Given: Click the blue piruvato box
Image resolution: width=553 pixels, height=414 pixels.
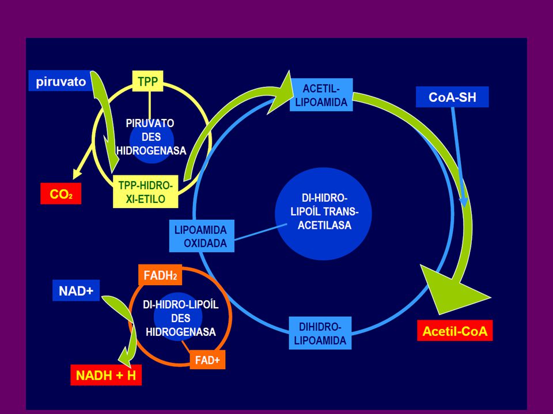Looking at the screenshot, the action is click(60, 81).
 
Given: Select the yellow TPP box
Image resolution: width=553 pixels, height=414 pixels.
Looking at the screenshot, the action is click(148, 81).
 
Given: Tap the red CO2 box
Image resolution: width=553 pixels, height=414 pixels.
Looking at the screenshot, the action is click(60, 193).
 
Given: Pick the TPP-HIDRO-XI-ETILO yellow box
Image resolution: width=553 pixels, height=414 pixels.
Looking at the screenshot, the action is click(145, 192).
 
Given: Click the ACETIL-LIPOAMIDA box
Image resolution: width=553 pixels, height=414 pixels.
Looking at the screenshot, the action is click(321, 95).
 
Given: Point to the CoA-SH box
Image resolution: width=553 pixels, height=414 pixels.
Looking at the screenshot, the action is click(453, 97).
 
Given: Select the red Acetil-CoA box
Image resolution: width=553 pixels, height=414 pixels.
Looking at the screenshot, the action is click(455, 331).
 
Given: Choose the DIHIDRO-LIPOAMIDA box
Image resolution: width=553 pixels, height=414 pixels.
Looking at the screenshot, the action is click(320, 333).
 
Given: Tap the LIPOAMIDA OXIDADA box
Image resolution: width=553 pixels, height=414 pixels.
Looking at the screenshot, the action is click(202, 236).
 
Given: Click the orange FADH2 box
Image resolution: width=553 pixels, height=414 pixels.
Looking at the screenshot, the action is click(160, 275).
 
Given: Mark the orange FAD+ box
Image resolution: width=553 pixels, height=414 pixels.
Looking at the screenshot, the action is click(207, 360).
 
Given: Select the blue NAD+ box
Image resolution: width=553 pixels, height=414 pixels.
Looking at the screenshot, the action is click(76, 290).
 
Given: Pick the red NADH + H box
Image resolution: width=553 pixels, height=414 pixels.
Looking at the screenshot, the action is click(106, 375).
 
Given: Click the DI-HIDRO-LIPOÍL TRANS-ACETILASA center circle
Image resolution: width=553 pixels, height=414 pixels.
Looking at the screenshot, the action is click(323, 214).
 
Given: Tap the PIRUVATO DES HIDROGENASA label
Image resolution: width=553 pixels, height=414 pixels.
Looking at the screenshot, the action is click(151, 137).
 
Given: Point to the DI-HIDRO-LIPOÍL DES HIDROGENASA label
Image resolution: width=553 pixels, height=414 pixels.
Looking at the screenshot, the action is click(180, 318).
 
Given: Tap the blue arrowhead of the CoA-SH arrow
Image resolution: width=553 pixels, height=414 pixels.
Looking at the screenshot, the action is click(463, 202).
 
